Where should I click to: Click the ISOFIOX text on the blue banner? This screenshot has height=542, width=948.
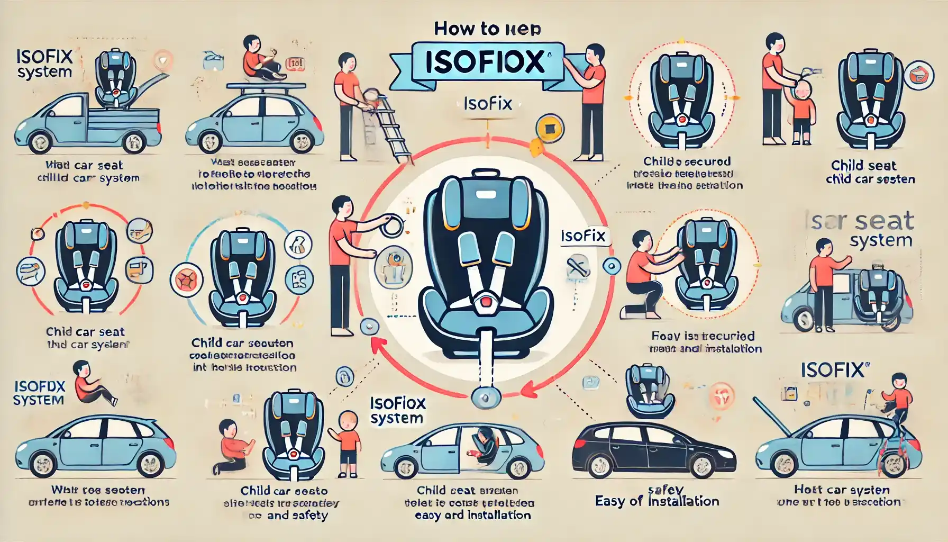(x=486, y=61)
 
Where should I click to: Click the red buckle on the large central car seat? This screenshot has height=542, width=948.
(x=485, y=302)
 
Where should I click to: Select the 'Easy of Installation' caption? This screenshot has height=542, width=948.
(x=657, y=501)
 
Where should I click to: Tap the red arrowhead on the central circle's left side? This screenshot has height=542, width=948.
(x=377, y=345)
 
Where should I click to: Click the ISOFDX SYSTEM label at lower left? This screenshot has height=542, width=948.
(x=39, y=393)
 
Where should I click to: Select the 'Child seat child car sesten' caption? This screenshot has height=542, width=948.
(x=870, y=173)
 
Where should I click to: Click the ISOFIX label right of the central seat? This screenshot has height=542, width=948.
(x=583, y=236)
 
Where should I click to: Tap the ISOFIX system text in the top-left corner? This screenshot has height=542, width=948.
(x=44, y=64)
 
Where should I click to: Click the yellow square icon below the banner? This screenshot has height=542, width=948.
(x=548, y=128)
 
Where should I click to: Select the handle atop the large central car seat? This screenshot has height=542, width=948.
(x=485, y=174)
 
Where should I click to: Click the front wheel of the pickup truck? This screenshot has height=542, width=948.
(x=40, y=142)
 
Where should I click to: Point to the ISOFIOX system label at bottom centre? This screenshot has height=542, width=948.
(x=397, y=411)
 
